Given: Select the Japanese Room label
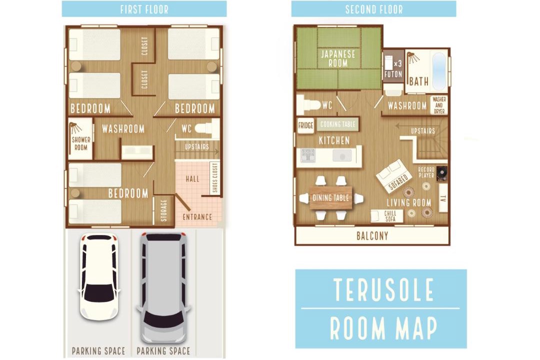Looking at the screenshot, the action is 338,58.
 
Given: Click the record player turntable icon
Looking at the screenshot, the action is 442,173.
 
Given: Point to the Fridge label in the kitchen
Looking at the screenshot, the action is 305,125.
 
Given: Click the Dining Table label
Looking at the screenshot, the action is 330,197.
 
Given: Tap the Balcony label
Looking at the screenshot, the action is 372,236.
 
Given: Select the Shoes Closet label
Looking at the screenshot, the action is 215,178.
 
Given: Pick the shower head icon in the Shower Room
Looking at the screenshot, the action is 74,128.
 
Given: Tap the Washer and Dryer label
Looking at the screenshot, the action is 439,105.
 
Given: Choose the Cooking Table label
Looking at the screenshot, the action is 337,124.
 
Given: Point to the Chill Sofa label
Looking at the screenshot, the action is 390,216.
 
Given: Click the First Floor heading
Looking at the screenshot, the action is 144,9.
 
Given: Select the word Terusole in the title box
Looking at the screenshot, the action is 383,289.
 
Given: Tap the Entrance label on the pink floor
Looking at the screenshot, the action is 197,217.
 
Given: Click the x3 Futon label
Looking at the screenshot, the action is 393,69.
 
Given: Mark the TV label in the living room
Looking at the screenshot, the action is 443,198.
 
